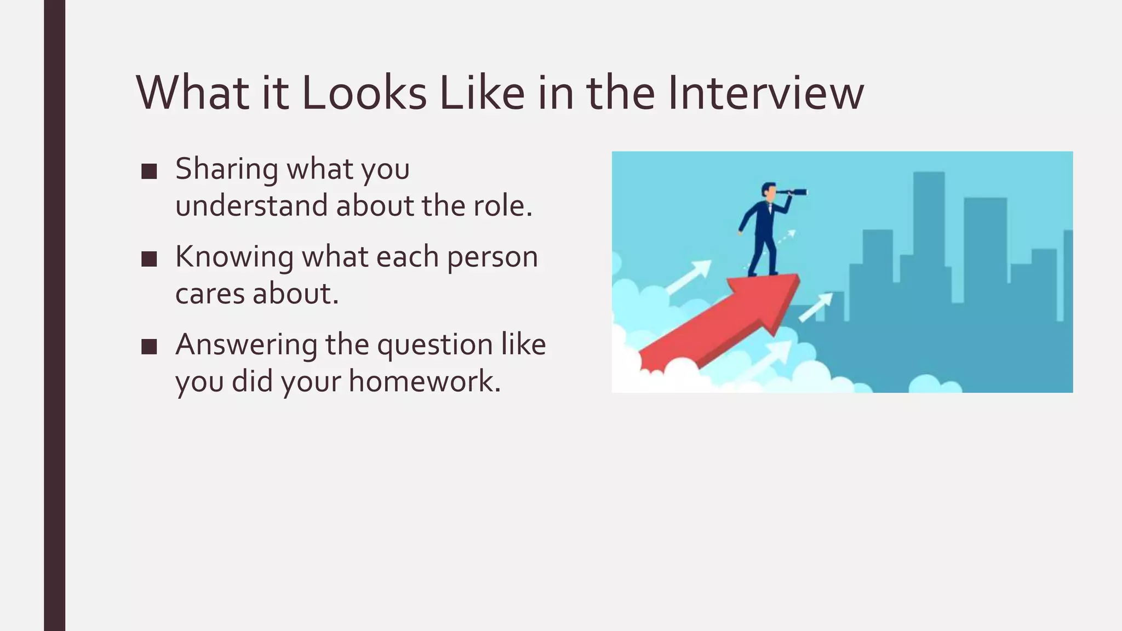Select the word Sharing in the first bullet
tap(226, 169)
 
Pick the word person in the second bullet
tap(492, 257)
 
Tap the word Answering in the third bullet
tap(246, 345)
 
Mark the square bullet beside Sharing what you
tap(149, 171)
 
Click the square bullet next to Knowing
tap(149, 259)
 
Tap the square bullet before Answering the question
tap(149, 347)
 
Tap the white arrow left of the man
tap(690, 277)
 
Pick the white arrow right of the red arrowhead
tap(816, 307)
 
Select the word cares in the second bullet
tap(209, 294)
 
